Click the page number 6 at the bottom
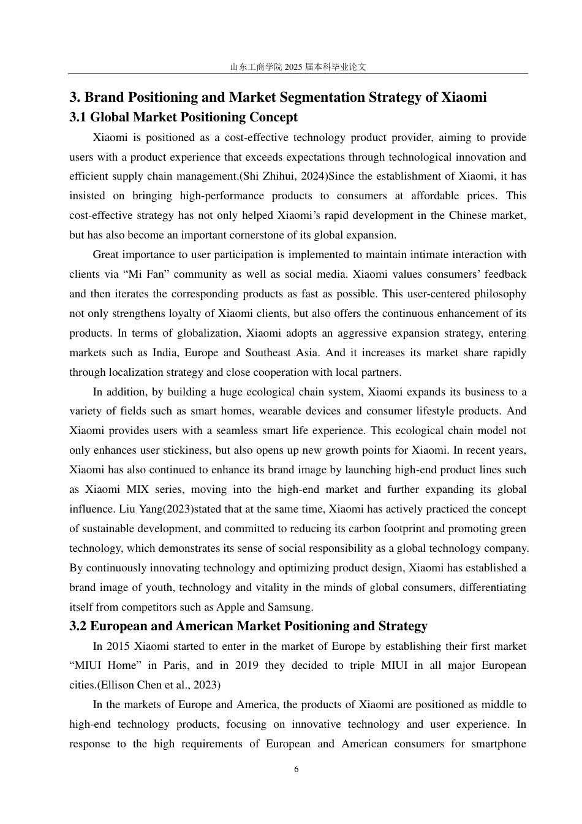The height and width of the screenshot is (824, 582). coord(297,769)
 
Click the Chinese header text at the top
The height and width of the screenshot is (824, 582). coord(298,67)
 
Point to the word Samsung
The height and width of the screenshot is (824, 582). coord(292,607)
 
